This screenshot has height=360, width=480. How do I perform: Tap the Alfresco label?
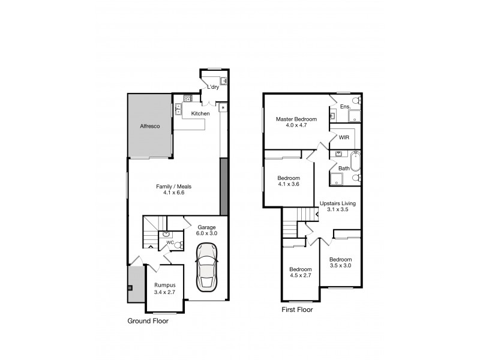(149, 127)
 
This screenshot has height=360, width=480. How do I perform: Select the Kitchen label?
(200, 113)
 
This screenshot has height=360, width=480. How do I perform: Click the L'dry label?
(212, 88)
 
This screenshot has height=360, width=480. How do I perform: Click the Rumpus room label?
(164, 285)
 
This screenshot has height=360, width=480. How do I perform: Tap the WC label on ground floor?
(170, 243)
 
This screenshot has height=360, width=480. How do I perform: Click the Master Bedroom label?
(296, 119)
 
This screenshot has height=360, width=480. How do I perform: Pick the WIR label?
(344, 137)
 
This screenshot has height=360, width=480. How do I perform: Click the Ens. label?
(344, 107)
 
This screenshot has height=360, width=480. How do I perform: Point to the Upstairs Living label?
(338, 203)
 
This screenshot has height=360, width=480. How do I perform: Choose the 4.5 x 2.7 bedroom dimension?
(300, 276)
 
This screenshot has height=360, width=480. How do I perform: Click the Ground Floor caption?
(148, 321)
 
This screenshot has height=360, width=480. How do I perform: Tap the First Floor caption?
(298, 310)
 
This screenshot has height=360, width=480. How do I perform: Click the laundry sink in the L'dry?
(223, 80)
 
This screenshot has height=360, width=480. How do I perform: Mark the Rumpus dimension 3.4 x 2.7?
(164, 292)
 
